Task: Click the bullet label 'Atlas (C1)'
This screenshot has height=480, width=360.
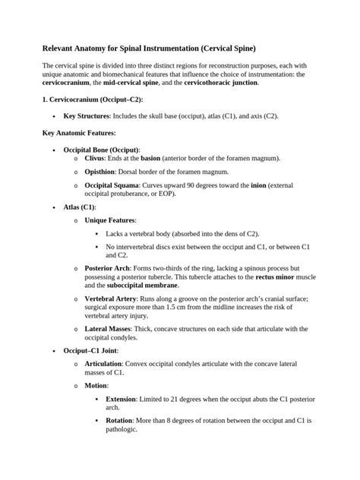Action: pyautogui.click(x=80, y=207)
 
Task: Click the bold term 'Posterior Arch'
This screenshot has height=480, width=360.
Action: pyautogui.click(x=108, y=269)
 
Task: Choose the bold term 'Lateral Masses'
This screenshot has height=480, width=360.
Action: pyautogui.click(x=108, y=329)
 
